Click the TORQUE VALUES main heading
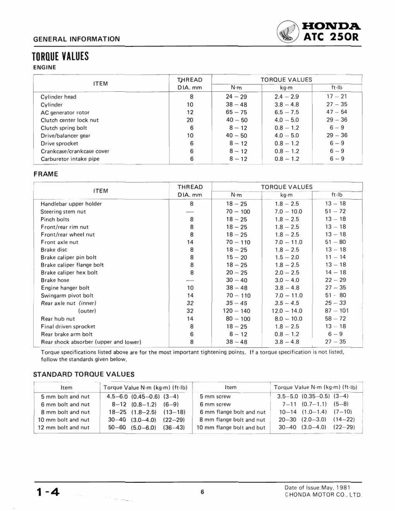point(60,57)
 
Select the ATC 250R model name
point(332,36)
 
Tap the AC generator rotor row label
point(65,113)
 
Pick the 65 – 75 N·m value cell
point(237,113)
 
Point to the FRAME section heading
point(45,173)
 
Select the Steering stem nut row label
point(63,212)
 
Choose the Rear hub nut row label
point(58,319)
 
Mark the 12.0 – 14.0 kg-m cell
point(287,311)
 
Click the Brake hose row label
point(55,280)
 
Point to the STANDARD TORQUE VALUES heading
point(84,374)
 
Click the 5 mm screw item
point(215,397)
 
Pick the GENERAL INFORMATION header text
point(76,39)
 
